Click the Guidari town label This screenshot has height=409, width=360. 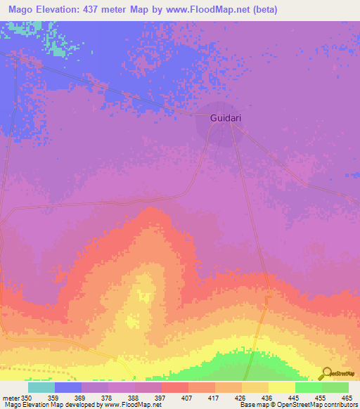tap(226, 118)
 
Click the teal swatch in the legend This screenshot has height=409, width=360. tap(41, 387)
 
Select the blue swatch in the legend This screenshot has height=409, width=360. tap(68, 387)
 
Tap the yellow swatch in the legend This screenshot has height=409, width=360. tap(282, 387)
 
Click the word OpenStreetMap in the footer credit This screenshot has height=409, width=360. tap(290, 405)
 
